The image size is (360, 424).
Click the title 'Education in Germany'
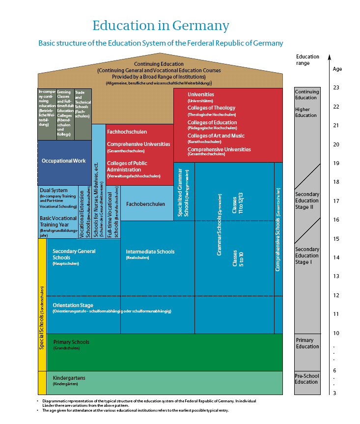(x=161, y=26)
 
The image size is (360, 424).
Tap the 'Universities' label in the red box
(x=201, y=94)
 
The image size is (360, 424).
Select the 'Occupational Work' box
(x=64, y=161)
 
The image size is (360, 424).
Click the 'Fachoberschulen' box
(x=146, y=203)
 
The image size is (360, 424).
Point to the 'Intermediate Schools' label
(x=150, y=252)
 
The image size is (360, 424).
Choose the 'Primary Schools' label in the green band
(x=71, y=342)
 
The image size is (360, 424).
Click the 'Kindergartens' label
(x=69, y=378)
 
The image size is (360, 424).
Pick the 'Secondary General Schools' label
(x=74, y=254)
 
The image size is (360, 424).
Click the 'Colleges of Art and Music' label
(x=216, y=136)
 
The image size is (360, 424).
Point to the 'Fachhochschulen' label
(x=127, y=132)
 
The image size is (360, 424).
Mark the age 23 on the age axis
(x=336, y=87)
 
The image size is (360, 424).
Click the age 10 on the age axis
(x=336, y=334)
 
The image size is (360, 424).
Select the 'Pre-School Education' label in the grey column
(x=306, y=379)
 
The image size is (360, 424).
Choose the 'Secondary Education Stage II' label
(x=307, y=200)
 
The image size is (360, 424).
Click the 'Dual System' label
(x=54, y=191)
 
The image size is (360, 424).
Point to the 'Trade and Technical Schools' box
(x=83, y=104)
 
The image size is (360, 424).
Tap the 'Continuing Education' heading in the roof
(x=159, y=64)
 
